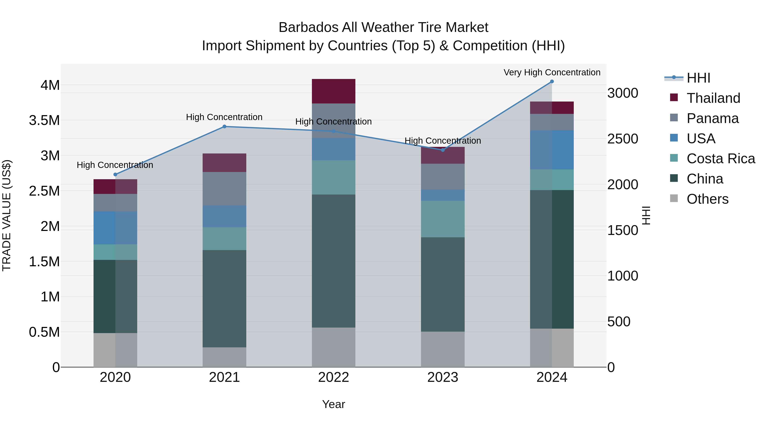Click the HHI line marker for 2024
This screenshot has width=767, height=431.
coord(552,82)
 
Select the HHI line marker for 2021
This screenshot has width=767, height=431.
coord(225,126)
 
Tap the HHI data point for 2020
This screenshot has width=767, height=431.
coord(115,175)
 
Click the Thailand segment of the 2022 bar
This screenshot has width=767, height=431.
coord(333,91)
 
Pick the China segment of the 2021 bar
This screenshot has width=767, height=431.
coord(225,298)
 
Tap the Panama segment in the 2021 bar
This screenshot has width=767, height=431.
coord(225,189)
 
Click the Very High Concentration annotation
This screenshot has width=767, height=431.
coord(552,72)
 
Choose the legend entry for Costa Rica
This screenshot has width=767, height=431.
coord(721,159)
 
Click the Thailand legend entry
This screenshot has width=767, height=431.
coord(713,98)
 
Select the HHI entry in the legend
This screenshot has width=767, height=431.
coord(698,78)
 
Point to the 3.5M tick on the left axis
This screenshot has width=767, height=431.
coord(44,120)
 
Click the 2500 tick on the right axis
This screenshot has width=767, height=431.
coord(623,139)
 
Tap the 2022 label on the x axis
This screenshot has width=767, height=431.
coord(333,377)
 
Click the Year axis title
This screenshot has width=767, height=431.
coord(333,404)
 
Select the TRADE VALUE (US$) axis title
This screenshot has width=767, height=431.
coord(7,215)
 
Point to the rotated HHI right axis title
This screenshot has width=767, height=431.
coord(646,215)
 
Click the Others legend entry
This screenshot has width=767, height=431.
coord(707,199)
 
